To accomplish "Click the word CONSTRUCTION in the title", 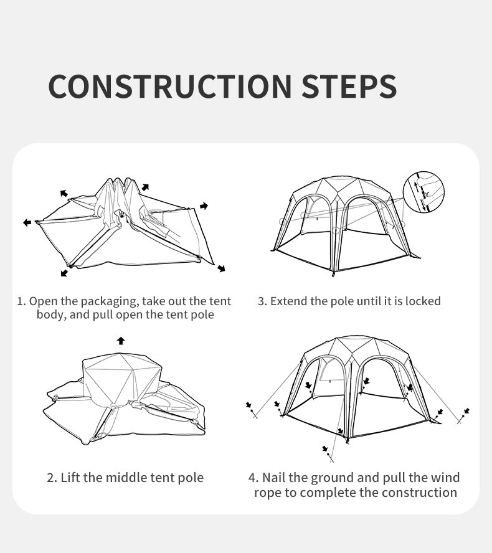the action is pyautogui.click(x=170, y=86).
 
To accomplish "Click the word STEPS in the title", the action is pyautogui.click(x=349, y=86).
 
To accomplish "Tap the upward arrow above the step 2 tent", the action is pyautogui.click(x=121, y=341).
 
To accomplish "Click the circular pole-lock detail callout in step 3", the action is pyautogui.click(x=423, y=192).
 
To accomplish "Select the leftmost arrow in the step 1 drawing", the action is pyautogui.click(x=27, y=222).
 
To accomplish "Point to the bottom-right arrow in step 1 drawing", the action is pyautogui.click(x=221, y=269).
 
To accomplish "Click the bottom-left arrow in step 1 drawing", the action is pyautogui.click(x=64, y=273).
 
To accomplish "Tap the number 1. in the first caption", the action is pyautogui.click(x=22, y=301).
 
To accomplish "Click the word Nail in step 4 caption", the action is pyautogui.click(x=273, y=478).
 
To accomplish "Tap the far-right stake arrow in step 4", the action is pyautogui.click(x=466, y=411).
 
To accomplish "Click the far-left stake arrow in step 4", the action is pyautogui.click(x=248, y=405).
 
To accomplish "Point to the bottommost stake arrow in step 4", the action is pyautogui.click(x=325, y=448).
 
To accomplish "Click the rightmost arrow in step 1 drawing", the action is pyautogui.click(x=204, y=206).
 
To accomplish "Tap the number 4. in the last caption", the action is pyautogui.click(x=253, y=478).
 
